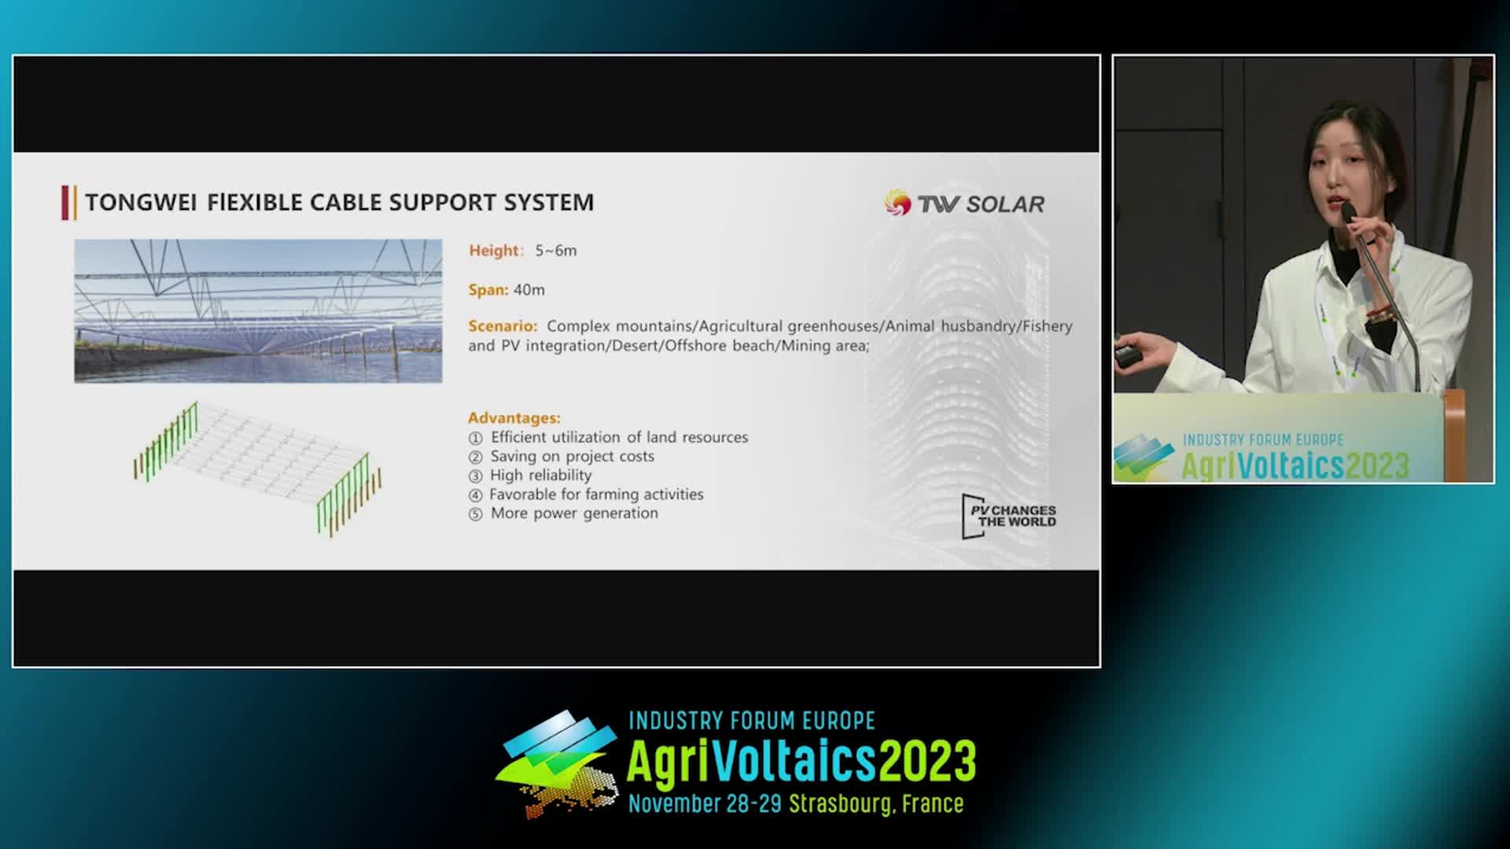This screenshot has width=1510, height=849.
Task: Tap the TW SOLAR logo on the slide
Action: click(x=964, y=204)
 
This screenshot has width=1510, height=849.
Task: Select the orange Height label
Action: click(x=494, y=251)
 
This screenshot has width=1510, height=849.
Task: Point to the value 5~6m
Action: click(x=556, y=251)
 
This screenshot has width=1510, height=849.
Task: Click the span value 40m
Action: click(x=528, y=290)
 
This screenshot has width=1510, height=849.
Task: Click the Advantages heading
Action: click(x=514, y=418)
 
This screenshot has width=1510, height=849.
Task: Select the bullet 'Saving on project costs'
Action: click(x=572, y=456)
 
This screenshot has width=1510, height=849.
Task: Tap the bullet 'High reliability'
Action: click(x=540, y=475)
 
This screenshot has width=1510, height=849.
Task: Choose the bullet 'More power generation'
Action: click(x=574, y=513)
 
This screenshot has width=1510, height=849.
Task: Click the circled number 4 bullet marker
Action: click(x=475, y=495)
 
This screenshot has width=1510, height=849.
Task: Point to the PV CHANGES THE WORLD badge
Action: click(x=1009, y=516)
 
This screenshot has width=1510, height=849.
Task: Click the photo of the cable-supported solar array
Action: click(x=258, y=311)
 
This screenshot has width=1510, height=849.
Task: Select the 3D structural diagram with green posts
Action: click(x=257, y=469)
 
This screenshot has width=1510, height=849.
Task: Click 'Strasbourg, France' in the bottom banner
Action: click(x=876, y=803)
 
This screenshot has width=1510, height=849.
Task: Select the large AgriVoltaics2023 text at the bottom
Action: click(x=801, y=761)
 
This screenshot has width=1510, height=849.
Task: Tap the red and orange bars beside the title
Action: click(x=69, y=203)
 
